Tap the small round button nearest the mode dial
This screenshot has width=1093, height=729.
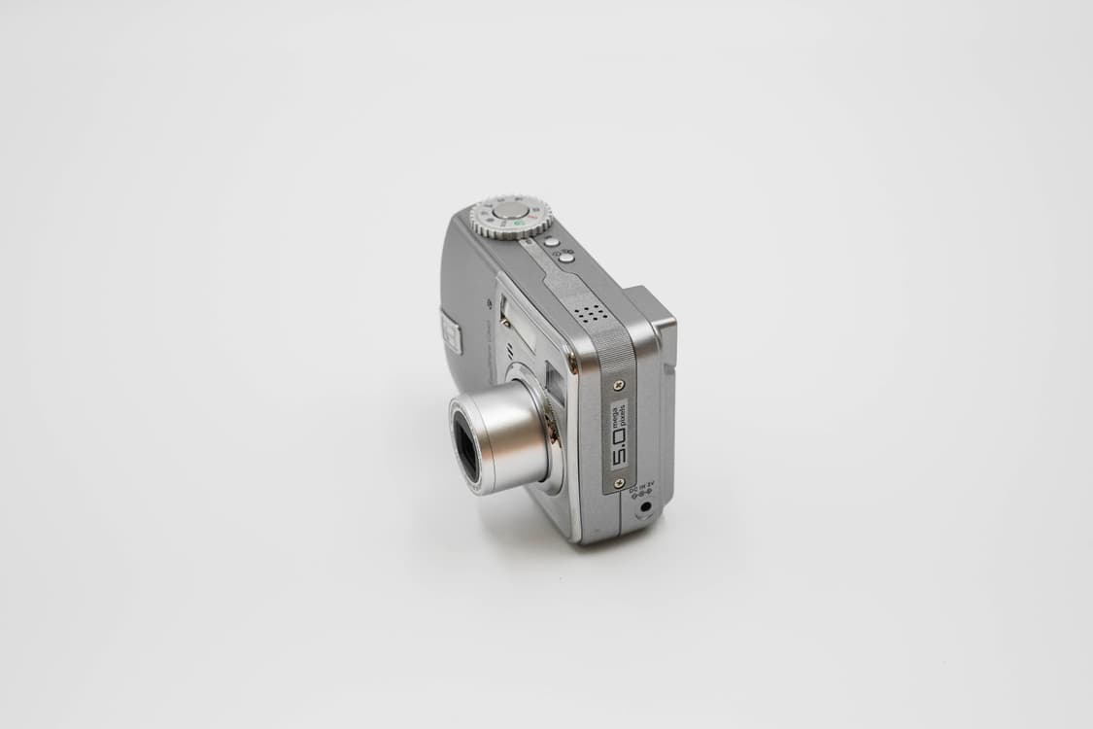pyautogui.click(x=550, y=242)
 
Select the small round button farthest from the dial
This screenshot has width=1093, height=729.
pyautogui.click(x=565, y=258)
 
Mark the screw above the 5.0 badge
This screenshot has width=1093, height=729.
pyautogui.click(x=619, y=385)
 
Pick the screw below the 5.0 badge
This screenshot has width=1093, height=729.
pyautogui.click(x=619, y=482)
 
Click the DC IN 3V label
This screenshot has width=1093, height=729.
pyautogui.click(x=641, y=489)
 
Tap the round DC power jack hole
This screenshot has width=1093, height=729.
pyautogui.click(x=643, y=506)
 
